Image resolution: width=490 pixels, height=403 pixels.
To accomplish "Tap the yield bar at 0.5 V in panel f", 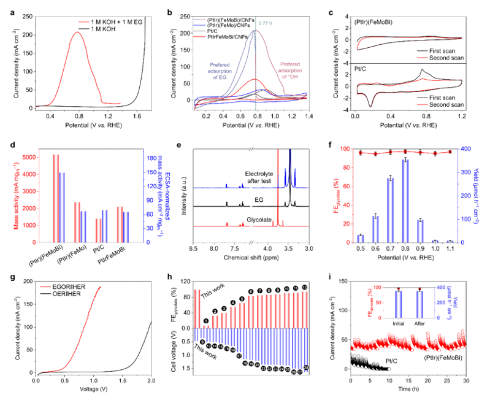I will pyautogui.click(x=361, y=238).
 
